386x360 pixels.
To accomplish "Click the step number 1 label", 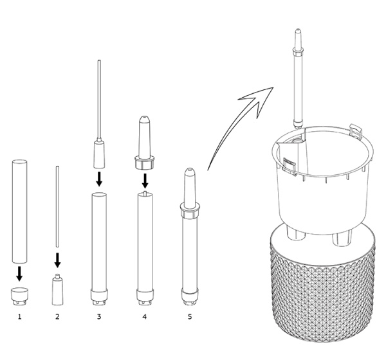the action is pos(20,317).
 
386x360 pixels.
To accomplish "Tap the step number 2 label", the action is pos(57,317).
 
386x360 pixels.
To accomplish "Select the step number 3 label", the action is pos(99,317).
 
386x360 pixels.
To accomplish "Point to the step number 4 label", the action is pos(145,317).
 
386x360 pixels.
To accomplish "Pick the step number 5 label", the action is pos(190,317).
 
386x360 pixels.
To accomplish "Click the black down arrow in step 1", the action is pos(19,273).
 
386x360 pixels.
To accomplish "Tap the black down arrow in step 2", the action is pos(57,260).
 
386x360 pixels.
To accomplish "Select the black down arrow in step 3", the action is pos(99,179).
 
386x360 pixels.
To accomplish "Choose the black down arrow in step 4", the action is pos(145,181).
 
